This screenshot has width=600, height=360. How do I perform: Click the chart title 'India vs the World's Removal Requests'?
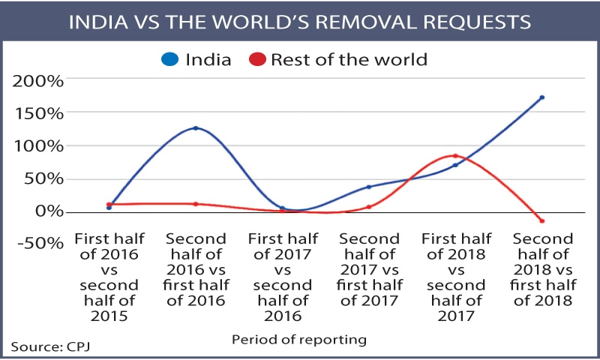click(300, 20)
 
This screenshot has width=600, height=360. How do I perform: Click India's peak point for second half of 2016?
click(196, 128)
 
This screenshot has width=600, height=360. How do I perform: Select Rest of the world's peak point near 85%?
click(455, 156)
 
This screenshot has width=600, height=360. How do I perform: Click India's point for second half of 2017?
click(369, 187)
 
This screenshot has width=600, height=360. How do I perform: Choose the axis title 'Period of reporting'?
click(298, 340)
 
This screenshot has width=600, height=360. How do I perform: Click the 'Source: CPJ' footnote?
click(43, 347)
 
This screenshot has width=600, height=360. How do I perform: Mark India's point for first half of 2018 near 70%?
click(455, 165)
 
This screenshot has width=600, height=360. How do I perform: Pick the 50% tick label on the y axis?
click(46, 178)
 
